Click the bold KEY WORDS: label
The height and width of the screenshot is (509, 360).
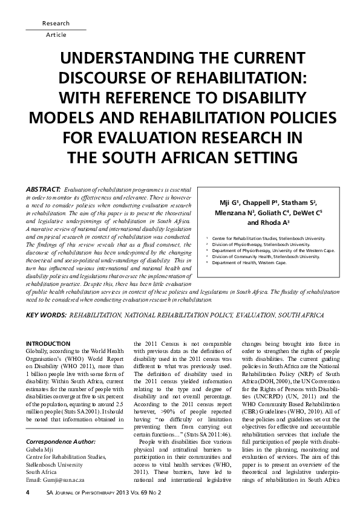[x=46, y=315]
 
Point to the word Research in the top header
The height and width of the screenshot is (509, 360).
[x=56, y=24]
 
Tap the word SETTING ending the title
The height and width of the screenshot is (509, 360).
[x=257, y=158]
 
